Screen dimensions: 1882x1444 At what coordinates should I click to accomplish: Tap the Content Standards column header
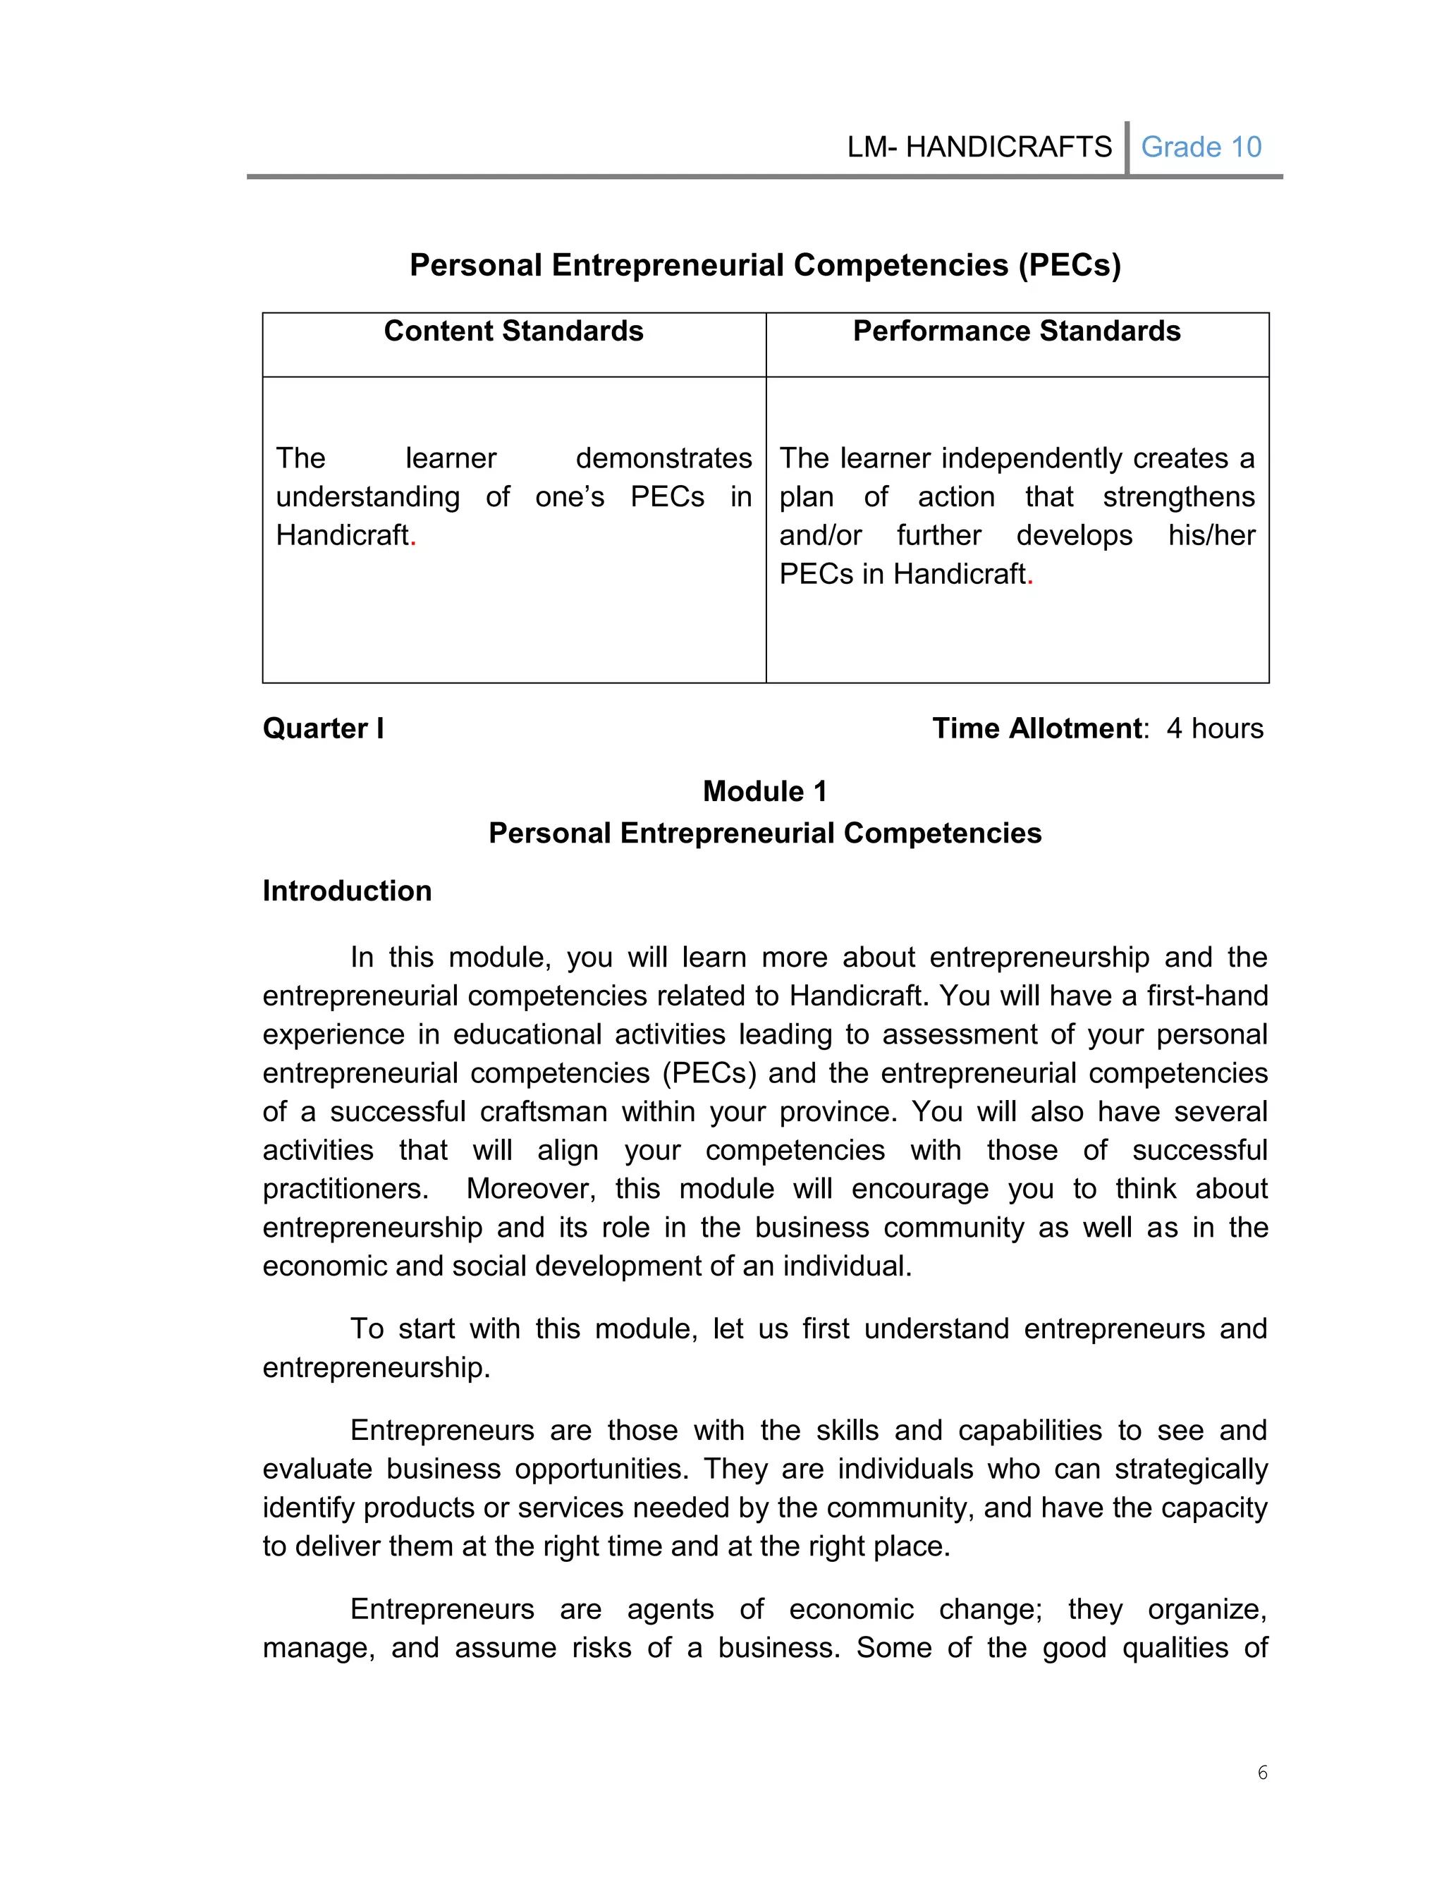pyautogui.click(x=513, y=331)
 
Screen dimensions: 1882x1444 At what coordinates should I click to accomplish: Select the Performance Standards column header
pyautogui.click(x=1016, y=331)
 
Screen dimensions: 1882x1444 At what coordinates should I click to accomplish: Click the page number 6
pyautogui.click(x=1262, y=1772)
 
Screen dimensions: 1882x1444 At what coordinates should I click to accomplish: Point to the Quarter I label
pyautogui.click(x=323, y=728)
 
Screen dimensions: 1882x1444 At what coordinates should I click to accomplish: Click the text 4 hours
pyautogui.click(x=1215, y=728)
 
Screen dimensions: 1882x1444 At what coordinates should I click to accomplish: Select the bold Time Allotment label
pyautogui.click(x=1037, y=728)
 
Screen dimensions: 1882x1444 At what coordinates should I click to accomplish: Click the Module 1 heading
pyautogui.click(x=764, y=790)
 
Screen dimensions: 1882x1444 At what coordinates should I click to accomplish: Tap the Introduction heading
pyautogui.click(x=346, y=891)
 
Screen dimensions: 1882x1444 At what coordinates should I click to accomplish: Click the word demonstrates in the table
pyautogui.click(x=663, y=458)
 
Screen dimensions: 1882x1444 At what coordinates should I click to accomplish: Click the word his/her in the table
pyautogui.click(x=1211, y=534)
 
